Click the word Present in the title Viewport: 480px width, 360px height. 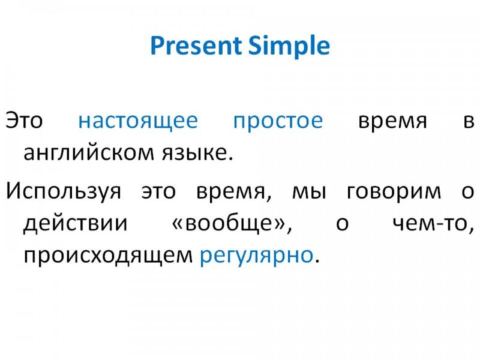point(196,46)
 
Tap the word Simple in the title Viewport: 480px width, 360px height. point(289,46)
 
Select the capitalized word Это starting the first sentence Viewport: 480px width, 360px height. point(24,121)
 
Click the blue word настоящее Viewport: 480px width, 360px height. point(138,122)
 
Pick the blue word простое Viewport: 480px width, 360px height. point(278,122)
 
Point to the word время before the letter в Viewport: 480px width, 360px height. point(392,121)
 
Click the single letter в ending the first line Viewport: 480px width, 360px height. point(469,121)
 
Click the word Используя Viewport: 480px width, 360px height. point(64,192)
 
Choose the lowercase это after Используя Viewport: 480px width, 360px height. point(158,192)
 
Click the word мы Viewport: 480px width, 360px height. point(310,192)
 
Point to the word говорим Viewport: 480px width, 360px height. point(394,192)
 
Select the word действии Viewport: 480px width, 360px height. point(76,223)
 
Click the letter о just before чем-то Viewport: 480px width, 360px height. point(342,224)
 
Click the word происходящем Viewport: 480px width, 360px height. point(108,256)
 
